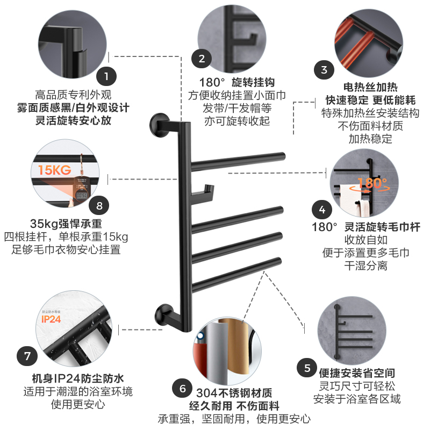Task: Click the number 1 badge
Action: click(106, 76)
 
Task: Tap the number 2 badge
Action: click(202, 59)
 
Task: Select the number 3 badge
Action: click(324, 69)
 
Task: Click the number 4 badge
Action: click(322, 209)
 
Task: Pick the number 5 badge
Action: click(307, 368)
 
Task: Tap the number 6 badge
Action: click(182, 389)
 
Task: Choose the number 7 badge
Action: click(27, 356)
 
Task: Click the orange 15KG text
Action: click(54, 170)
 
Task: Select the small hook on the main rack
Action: click(204, 189)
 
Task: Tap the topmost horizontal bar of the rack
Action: click(236, 159)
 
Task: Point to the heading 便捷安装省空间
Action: click(357, 372)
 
